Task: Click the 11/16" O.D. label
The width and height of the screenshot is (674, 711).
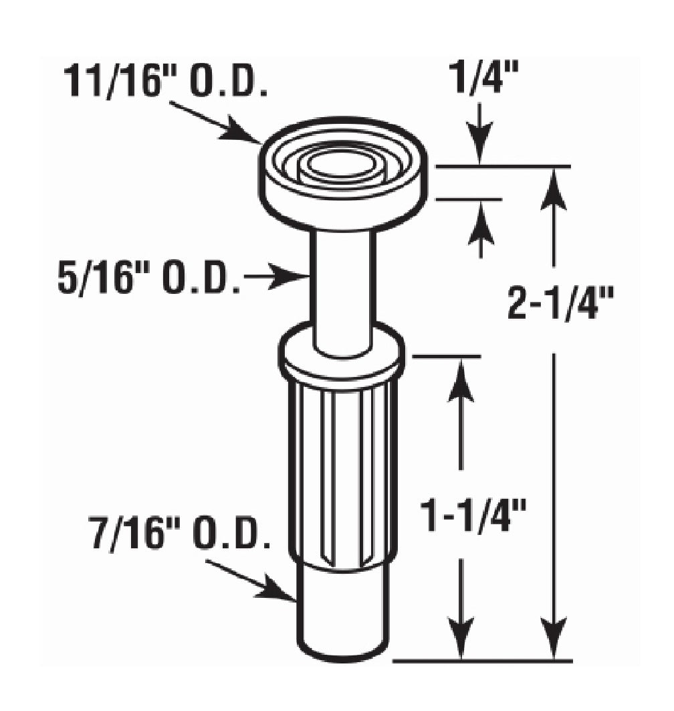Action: pyautogui.click(x=166, y=82)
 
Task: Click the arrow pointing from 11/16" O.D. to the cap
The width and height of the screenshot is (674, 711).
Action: pyautogui.click(x=215, y=122)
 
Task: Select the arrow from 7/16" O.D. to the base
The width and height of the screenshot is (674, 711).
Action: pyautogui.click(x=251, y=580)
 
